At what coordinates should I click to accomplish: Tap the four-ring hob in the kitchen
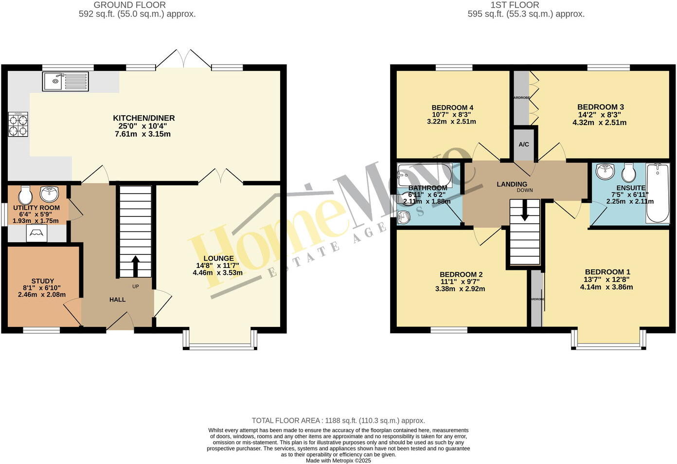tap(18, 124)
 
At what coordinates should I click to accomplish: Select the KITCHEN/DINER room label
tap(143, 118)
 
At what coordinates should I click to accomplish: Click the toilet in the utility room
tap(25, 196)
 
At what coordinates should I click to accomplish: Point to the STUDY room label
tap(43, 281)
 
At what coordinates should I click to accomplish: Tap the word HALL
tap(117, 300)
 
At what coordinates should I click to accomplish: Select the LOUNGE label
tap(218, 258)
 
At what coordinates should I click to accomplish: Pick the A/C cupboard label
tap(524, 144)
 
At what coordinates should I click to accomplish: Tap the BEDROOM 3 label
tap(601, 107)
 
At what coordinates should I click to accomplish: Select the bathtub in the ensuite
tap(658, 193)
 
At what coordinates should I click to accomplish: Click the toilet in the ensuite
tap(629, 172)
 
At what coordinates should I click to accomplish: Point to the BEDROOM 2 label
tap(461, 274)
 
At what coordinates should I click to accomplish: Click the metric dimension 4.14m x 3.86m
tap(606, 287)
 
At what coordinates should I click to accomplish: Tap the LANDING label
tap(512, 184)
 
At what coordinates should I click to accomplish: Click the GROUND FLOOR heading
tap(130, 5)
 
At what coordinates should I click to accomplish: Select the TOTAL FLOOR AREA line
tap(338, 421)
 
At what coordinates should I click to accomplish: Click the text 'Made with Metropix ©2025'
tap(338, 460)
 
